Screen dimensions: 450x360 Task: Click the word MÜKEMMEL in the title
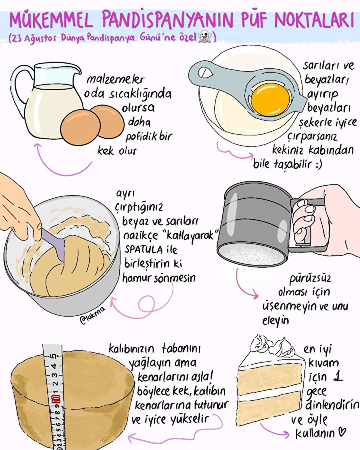(x=52, y=20)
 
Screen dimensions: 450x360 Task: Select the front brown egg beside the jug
(x=80, y=127)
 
